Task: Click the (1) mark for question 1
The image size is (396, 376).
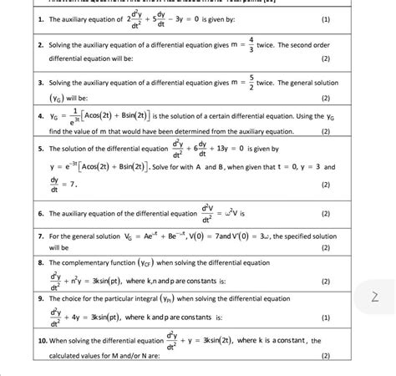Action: click(325, 18)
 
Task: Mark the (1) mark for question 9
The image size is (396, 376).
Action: click(325, 318)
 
